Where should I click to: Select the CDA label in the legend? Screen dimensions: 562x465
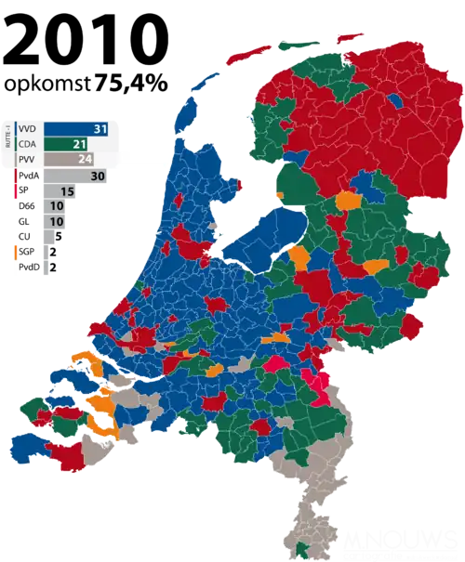[x=28, y=143]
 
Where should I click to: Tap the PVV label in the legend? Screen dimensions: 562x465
[x=28, y=160]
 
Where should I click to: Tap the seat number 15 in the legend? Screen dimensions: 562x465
[x=68, y=191]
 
